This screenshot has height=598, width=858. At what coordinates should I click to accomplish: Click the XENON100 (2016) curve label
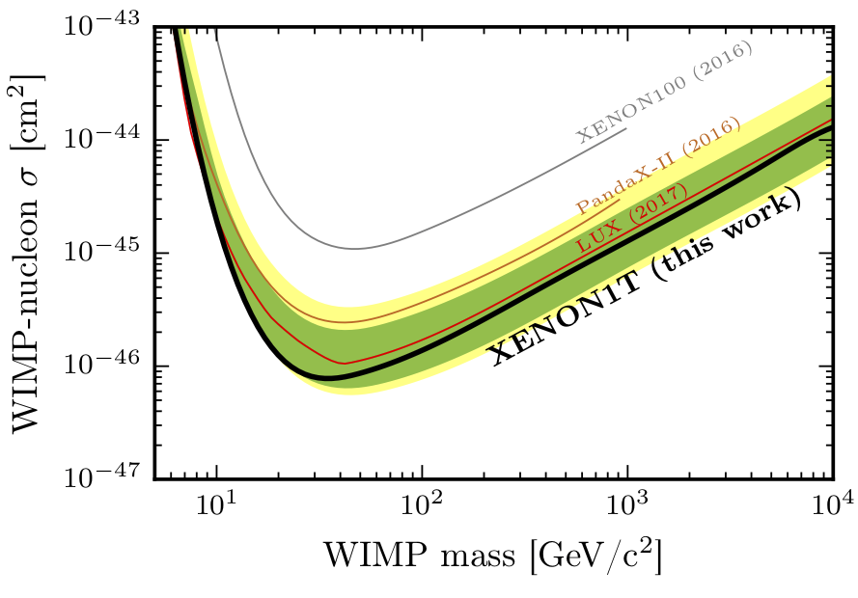[665, 90]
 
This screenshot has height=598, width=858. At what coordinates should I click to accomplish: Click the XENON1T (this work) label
[647, 281]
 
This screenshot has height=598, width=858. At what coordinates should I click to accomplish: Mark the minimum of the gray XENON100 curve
[356, 249]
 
